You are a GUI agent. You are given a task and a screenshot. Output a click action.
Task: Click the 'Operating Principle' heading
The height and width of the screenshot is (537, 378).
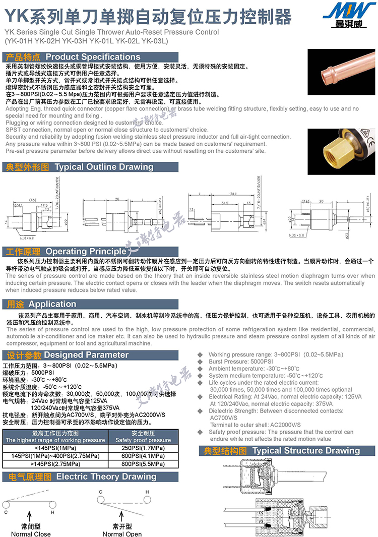click(x=86, y=251)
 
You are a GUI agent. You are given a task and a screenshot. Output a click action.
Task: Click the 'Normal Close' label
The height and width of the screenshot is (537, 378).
click(x=31, y=534)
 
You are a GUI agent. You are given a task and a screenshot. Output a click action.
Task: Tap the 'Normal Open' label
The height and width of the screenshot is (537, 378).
click(x=122, y=534)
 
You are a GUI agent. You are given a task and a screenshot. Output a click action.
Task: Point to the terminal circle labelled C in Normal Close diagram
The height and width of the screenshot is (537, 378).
click(x=6, y=505)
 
